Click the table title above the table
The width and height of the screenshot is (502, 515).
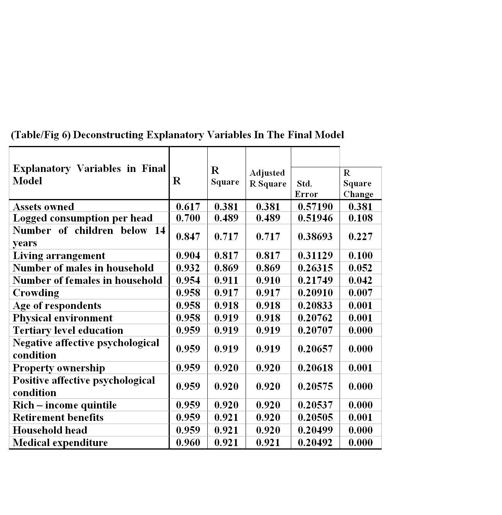177,135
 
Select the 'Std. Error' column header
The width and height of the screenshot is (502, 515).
306,189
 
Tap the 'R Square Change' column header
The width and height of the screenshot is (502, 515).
358,183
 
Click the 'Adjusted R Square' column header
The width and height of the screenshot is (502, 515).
268,178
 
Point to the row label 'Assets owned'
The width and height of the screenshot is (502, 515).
43,206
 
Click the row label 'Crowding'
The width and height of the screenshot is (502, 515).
36,293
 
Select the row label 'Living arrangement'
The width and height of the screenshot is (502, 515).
59,256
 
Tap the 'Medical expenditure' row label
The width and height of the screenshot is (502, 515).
60,443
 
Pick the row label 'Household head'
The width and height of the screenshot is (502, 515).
50,430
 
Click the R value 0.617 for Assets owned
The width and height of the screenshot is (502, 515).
188,206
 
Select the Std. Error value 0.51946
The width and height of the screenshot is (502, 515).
315,218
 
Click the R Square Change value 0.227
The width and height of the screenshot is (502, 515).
360,237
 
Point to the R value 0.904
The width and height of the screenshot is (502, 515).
188,256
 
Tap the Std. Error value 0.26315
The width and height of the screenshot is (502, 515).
315,268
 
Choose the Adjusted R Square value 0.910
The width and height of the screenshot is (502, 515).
268,280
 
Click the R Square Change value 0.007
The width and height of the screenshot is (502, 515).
360,293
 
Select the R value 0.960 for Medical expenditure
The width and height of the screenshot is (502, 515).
188,443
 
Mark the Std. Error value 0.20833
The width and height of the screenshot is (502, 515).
315,306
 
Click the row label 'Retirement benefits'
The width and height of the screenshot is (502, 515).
58,417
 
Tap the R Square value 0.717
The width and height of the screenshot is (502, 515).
226,237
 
